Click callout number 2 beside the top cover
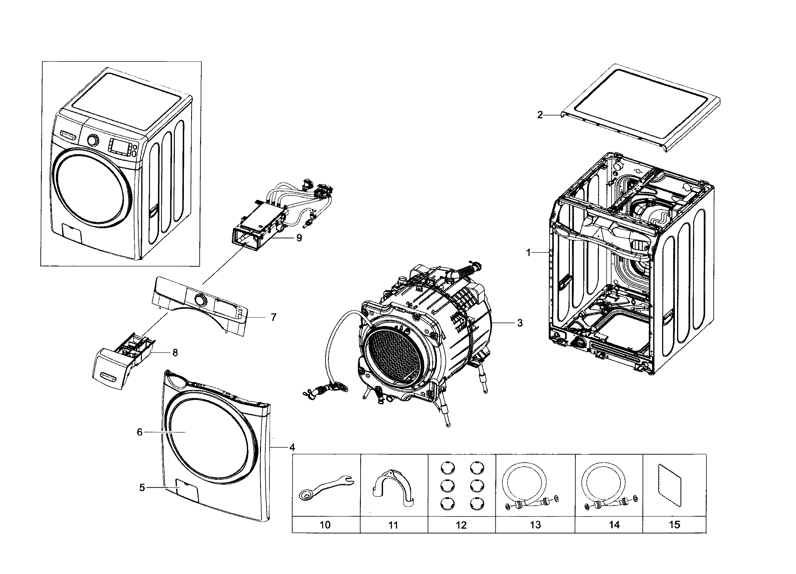pos(540,115)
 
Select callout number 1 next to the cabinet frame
pos(528,252)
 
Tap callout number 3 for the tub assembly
pos(520,323)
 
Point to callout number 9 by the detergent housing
pos(299,238)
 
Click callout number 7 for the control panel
pos(273,317)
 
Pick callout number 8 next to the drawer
pos(175,353)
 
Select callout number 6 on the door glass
pos(139,432)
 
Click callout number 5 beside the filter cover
pos(142,487)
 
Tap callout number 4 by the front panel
pos(292,447)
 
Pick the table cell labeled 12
pos(461,525)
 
